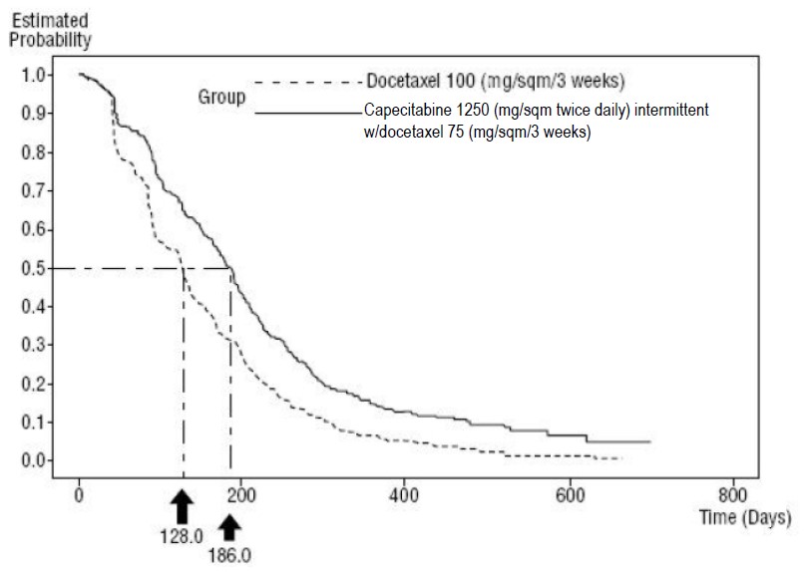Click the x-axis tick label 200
tap(242, 495)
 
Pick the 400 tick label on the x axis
tap(404, 495)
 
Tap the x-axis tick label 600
tap(570, 495)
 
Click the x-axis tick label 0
tap(80, 495)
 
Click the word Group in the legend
tap(220, 98)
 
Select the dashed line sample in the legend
tap(306, 82)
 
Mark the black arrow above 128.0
tap(182, 508)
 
